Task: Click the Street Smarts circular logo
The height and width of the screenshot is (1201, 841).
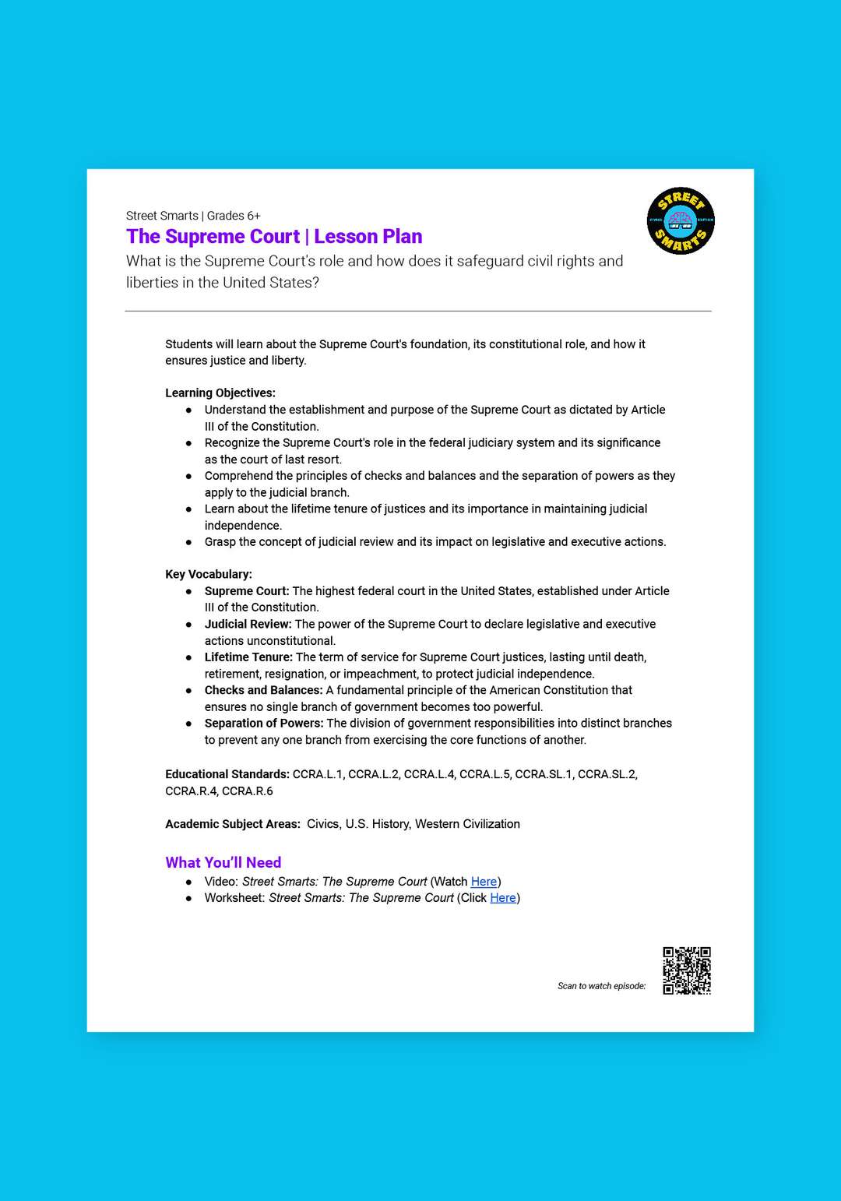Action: pyautogui.click(x=681, y=220)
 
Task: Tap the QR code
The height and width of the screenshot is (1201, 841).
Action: pyautogui.click(x=687, y=970)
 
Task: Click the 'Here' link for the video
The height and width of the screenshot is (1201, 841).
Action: pyautogui.click(x=484, y=882)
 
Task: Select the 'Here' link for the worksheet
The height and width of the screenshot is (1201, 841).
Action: pyautogui.click(x=503, y=898)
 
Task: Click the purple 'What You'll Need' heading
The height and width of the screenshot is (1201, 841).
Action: pyautogui.click(x=223, y=862)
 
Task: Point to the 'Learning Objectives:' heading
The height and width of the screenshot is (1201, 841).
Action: pyautogui.click(x=220, y=393)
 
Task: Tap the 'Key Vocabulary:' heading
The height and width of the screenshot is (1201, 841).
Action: pyautogui.click(x=209, y=574)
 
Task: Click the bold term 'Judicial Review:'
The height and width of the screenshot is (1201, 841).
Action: pyautogui.click(x=248, y=624)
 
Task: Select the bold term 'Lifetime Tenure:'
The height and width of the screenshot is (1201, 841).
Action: pyautogui.click(x=248, y=657)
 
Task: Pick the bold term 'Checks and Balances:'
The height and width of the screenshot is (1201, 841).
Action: pyautogui.click(x=263, y=690)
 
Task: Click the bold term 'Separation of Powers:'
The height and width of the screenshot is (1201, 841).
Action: pyautogui.click(x=264, y=723)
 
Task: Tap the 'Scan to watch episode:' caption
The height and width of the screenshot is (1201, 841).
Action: pyautogui.click(x=601, y=986)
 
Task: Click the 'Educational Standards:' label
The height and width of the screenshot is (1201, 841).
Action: pyautogui.click(x=227, y=774)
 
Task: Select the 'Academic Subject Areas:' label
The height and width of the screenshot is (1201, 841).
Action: pyautogui.click(x=232, y=824)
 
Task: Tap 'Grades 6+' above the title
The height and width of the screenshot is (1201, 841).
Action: pyautogui.click(x=234, y=216)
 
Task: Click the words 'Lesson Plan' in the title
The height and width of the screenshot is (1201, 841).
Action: pyautogui.click(x=368, y=236)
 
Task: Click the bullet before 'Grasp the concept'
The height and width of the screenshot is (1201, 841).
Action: pyautogui.click(x=188, y=542)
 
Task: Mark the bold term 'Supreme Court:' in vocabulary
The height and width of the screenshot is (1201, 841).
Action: pyautogui.click(x=247, y=591)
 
